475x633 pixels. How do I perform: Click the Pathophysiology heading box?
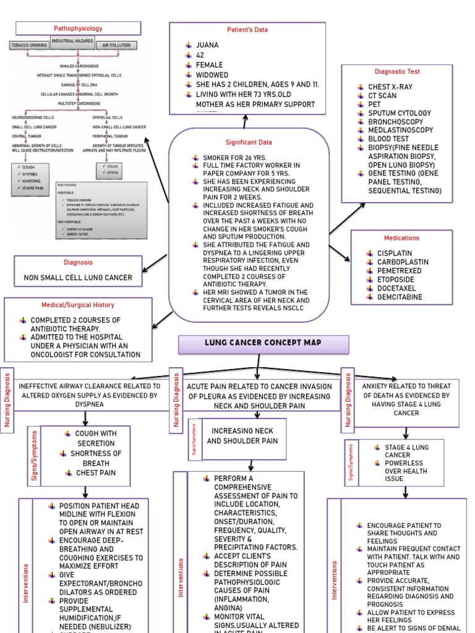78,28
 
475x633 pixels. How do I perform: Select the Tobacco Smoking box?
28,46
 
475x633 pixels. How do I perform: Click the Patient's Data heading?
247,30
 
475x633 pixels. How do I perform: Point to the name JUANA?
207,45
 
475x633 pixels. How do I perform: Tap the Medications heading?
401,238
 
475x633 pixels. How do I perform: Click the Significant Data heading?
249,142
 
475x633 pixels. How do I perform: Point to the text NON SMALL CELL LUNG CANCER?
78,278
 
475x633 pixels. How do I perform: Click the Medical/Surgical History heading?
78,305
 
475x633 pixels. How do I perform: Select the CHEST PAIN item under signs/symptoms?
95,473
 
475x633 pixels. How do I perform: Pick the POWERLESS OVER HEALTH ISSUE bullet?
405,470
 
